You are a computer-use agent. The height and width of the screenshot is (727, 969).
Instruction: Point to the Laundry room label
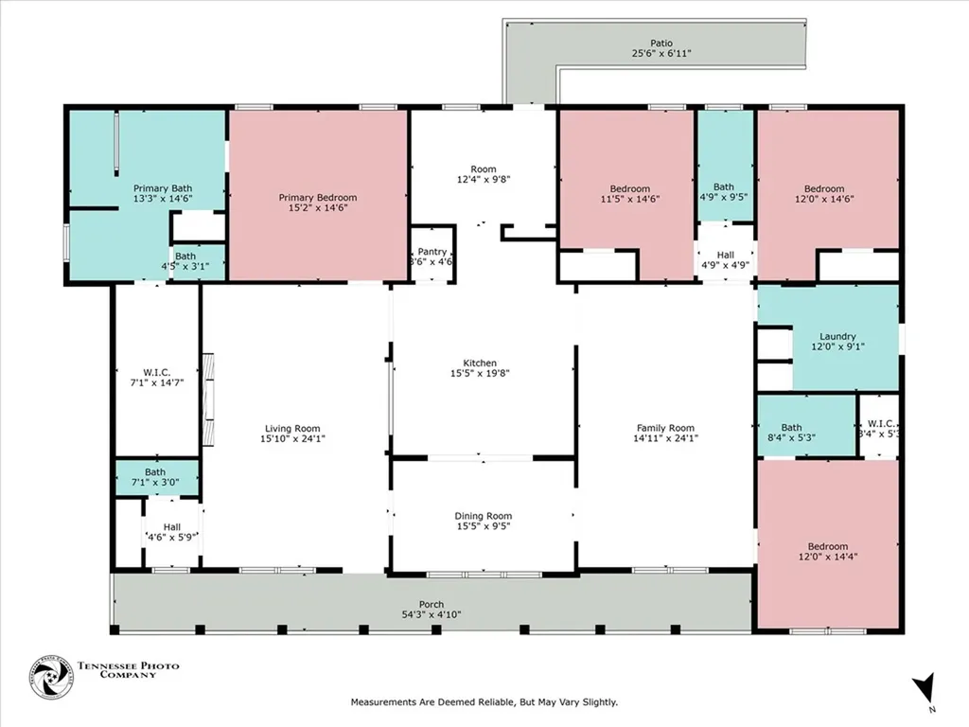pos(837,336)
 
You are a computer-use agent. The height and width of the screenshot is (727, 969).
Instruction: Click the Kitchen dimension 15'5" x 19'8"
pos(480,373)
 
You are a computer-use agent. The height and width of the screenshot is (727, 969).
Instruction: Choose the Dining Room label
pos(484,516)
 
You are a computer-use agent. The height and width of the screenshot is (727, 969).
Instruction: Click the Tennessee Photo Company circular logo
pos(50,677)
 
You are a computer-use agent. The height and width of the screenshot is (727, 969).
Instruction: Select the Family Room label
pos(664,428)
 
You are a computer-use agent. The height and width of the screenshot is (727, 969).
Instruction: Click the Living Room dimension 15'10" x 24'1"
pos(292,438)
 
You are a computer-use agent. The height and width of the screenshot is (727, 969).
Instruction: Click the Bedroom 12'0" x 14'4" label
pos(827,546)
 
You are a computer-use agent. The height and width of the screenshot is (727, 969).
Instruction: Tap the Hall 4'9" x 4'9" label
pos(724,255)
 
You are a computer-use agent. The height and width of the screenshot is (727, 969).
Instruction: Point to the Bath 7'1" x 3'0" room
pos(155,472)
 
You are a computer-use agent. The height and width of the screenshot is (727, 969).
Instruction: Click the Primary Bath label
pos(163,188)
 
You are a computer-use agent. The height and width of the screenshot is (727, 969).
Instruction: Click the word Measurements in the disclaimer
pos(384,702)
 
